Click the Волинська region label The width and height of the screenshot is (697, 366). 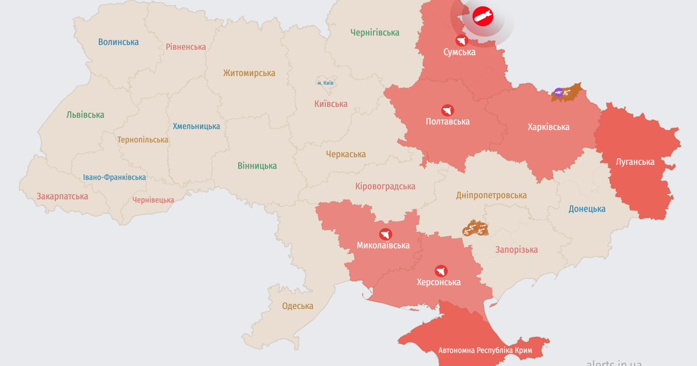[x=118, y=42]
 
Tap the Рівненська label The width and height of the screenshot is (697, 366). [x=186, y=46]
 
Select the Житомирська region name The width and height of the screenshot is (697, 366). [x=249, y=73]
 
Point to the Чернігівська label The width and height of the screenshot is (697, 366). [x=375, y=33]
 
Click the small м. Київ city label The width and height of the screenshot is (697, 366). [x=325, y=83]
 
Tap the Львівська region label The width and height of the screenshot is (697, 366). [x=85, y=114]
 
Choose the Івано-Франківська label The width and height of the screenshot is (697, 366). [x=114, y=177]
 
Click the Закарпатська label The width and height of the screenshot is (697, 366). [x=62, y=196]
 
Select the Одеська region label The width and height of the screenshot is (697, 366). [x=297, y=306]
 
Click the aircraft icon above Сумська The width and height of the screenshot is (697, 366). [x=462, y=40]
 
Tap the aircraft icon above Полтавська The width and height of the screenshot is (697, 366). [x=447, y=110]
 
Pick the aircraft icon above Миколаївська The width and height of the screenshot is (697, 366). [x=385, y=234]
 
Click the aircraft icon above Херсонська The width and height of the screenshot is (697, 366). [x=441, y=271]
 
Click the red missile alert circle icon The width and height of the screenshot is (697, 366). [x=482, y=16]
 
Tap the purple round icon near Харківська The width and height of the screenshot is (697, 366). [x=558, y=92]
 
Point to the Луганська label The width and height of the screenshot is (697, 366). [x=635, y=162]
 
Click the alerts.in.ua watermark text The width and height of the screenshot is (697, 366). [x=614, y=362]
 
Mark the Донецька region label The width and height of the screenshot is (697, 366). [x=587, y=209]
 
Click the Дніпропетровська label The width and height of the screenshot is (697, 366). [x=491, y=195]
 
